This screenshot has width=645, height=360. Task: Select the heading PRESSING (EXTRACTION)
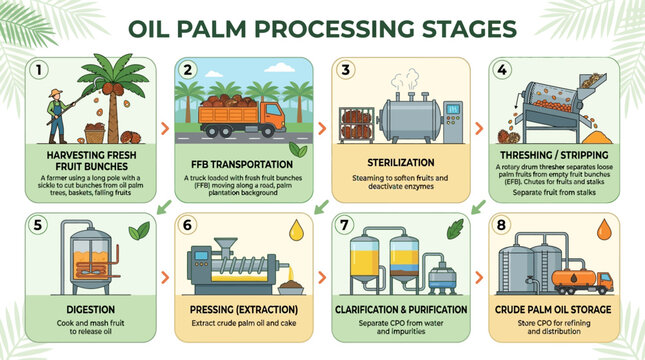click(x=246, y=310)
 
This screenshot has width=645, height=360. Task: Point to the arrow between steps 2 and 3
click(x=319, y=128)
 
